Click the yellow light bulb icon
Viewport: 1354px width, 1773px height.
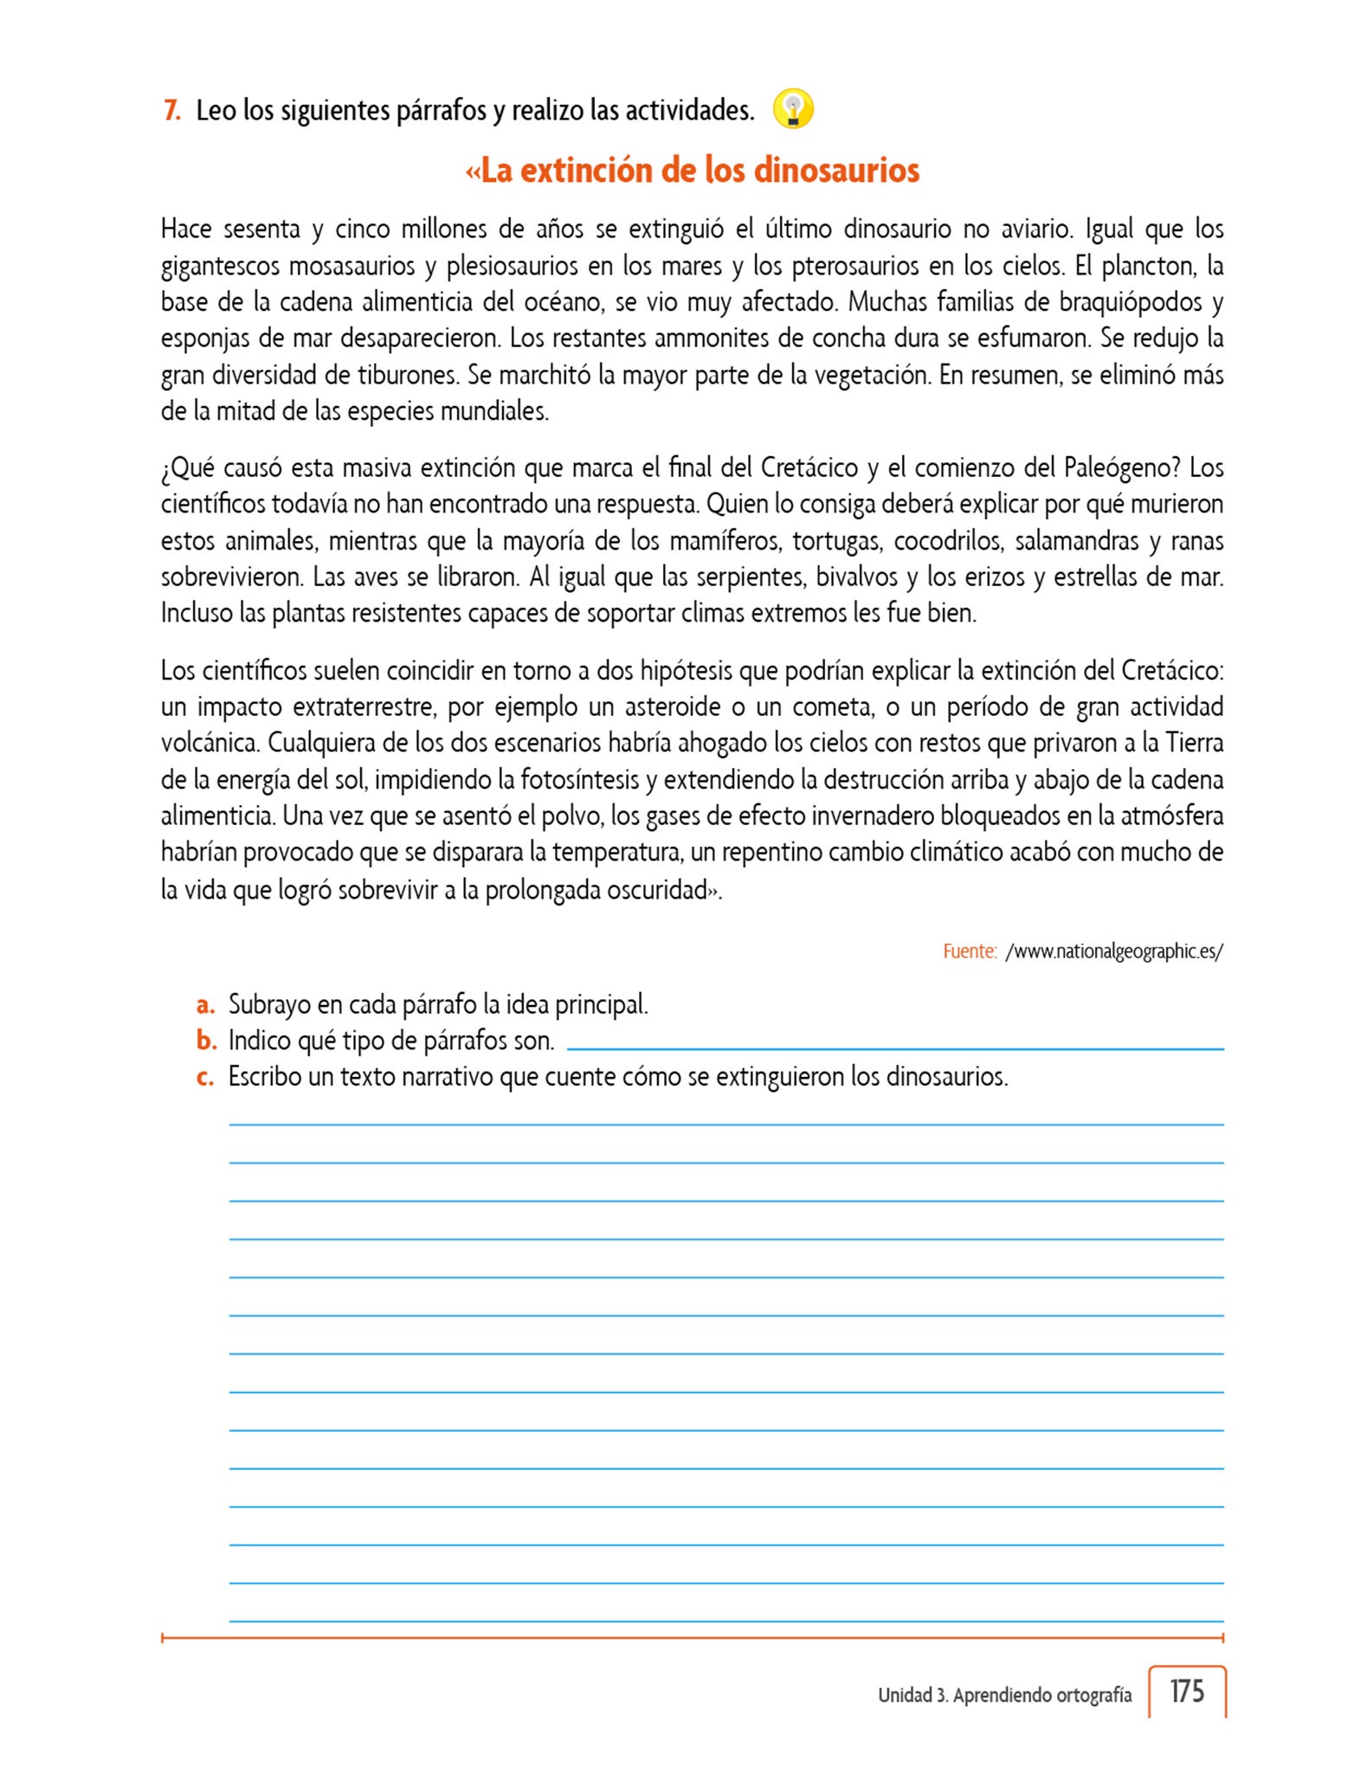tap(793, 109)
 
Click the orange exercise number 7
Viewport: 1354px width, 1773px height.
tap(171, 111)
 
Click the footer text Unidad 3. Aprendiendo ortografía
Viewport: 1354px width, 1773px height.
tap(1004, 1695)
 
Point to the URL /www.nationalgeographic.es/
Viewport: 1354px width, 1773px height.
tap(1114, 951)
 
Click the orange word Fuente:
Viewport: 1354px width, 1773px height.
tap(970, 951)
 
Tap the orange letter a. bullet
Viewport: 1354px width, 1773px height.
tap(205, 1005)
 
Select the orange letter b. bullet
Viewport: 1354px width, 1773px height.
tap(206, 1041)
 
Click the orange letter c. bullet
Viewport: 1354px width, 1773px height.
tap(205, 1077)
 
